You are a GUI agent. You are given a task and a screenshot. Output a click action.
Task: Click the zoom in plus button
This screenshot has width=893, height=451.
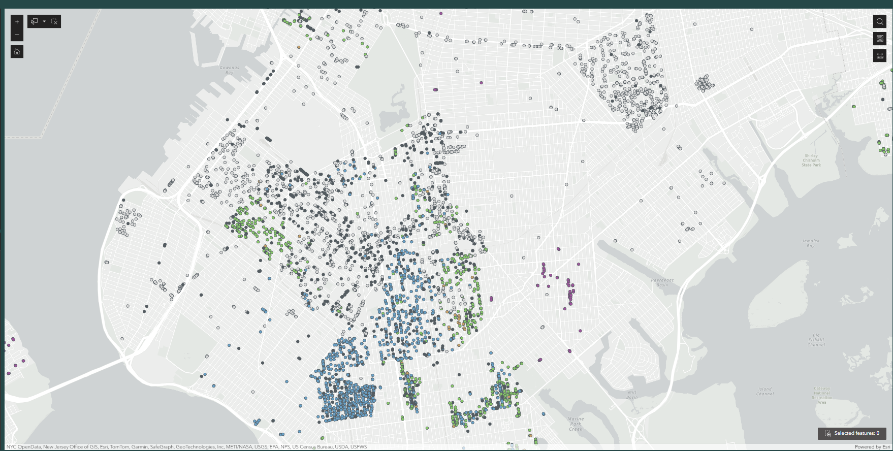pyautogui.click(x=17, y=22)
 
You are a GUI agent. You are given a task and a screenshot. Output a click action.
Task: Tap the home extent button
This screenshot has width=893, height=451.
pyautogui.click(x=17, y=51)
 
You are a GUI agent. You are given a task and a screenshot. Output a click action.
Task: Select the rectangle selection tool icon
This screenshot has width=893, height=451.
pyautogui.click(x=35, y=21)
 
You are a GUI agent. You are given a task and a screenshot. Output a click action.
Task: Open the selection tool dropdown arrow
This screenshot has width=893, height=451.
pyautogui.click(x=44, y=21)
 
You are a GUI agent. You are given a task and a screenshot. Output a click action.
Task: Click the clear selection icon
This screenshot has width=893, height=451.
pyautogui.click(x=54, y=21)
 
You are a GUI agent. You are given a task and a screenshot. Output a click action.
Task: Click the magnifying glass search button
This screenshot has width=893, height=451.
pyautogui.click(x=880, y=21)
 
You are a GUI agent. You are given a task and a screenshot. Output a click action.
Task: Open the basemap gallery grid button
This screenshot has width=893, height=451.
pyautogui.click(x=880, y=39)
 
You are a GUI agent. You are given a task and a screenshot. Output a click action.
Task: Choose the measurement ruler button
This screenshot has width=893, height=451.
pyautogui.click(x=880, y=56)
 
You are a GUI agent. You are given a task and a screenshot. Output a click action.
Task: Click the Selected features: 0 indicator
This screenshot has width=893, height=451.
pyautogui.click(x=852, y=433)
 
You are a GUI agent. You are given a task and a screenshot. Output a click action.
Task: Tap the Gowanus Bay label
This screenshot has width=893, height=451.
pyautogui.click(x=229, y=70)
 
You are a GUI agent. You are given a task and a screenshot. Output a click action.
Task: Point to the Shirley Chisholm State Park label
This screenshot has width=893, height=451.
pyautogui.click(x=811, y=160)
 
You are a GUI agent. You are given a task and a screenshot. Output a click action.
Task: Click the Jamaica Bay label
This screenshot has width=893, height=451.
pyautogui.click(x=810, y=243)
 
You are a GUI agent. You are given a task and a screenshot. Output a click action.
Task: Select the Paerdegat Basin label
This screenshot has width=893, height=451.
pyautogui.click(x=662, y=282)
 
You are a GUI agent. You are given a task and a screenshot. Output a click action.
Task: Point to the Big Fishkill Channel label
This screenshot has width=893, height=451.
pyautogui.click(x=816, y=340)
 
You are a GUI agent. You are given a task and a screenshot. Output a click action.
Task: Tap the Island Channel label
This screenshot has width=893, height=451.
pyautogui.click(x=764, y=391)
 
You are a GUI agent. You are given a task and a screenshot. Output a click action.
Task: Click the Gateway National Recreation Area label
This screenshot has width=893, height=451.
pyautogui.click(x=821, y=395)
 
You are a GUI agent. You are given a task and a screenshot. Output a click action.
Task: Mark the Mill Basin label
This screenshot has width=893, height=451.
pyautogui.click(x=631, y=395)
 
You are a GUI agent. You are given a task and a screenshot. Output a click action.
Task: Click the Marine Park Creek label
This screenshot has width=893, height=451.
pyautogui.click(x=576, y=424)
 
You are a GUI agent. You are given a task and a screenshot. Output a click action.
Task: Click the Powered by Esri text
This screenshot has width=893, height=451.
pyautogui.click(x=872, y=447)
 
